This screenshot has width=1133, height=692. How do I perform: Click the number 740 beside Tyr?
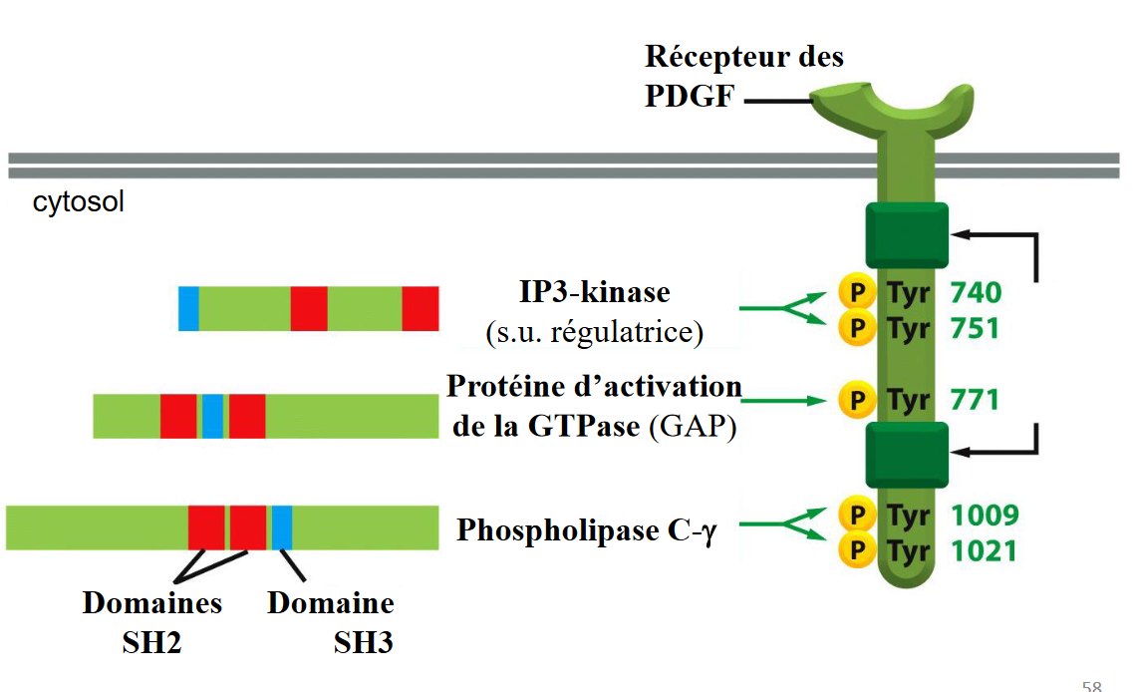[x=976, y=292]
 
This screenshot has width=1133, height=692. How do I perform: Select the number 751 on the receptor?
[x=976, y=327]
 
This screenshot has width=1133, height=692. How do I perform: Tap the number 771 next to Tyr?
[x=975, y=401]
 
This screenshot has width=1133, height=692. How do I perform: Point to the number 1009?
[x=984, y=516]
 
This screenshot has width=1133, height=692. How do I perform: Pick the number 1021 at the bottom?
[x=984, y=549]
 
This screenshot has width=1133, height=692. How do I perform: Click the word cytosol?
[x=79, y=203]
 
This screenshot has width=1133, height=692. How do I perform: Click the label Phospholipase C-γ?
[x=586, y=529]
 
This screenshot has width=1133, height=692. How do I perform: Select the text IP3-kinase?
[x=594, y=292]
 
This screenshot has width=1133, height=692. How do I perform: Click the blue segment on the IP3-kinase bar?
[x=188, y=308]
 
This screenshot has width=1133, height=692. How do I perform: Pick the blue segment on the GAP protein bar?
[x=212, y=416]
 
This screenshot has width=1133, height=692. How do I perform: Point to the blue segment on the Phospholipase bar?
[x=282, y=527]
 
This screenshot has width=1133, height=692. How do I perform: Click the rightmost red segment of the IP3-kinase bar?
[x=420, y=308]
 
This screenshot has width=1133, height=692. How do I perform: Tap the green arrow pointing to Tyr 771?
[x=783, y=401]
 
